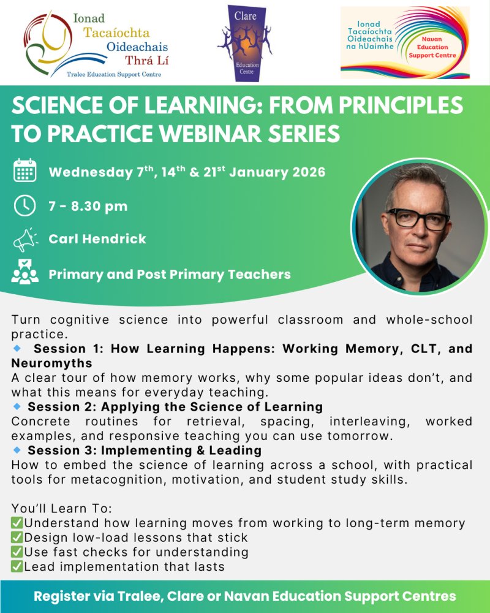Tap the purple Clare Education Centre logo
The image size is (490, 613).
coord(244,43)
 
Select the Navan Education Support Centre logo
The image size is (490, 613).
coord(405,43)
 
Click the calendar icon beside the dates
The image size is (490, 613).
coord(25,171)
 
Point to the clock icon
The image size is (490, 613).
coord(25,206)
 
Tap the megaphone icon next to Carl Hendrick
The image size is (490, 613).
coord(25,240)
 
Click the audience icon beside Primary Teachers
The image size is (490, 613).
coord(25,274)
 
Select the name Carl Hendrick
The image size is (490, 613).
coord(97,239)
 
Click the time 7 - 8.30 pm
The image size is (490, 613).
coord(88,206)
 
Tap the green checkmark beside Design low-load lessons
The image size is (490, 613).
coord(17,538)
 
